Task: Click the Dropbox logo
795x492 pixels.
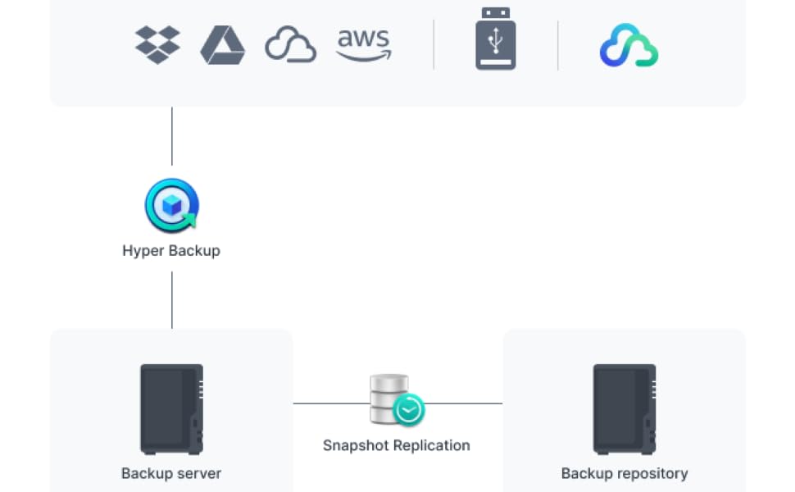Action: coord(157,44)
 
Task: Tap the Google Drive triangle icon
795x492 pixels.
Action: coord(223,45)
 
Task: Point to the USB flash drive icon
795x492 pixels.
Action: coord(495,39)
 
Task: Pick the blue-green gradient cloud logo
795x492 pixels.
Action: coord(629,45)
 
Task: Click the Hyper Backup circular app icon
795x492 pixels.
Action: coord(172,206)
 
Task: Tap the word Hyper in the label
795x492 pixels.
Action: coord(143,251)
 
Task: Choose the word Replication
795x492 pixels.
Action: coord(431,445)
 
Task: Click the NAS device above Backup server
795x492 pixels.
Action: coord(172,409)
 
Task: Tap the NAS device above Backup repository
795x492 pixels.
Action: coord(625,409)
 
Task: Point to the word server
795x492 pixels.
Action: coord(198,474)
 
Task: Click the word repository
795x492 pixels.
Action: coord(652,474)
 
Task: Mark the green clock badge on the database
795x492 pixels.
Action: coord(409,410)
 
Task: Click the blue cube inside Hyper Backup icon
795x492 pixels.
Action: coord(172,206)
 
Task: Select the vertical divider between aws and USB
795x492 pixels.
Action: coord(434,44)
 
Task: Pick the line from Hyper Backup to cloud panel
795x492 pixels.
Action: coord(172,136)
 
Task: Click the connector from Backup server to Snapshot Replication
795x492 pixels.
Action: coord(332,403)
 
